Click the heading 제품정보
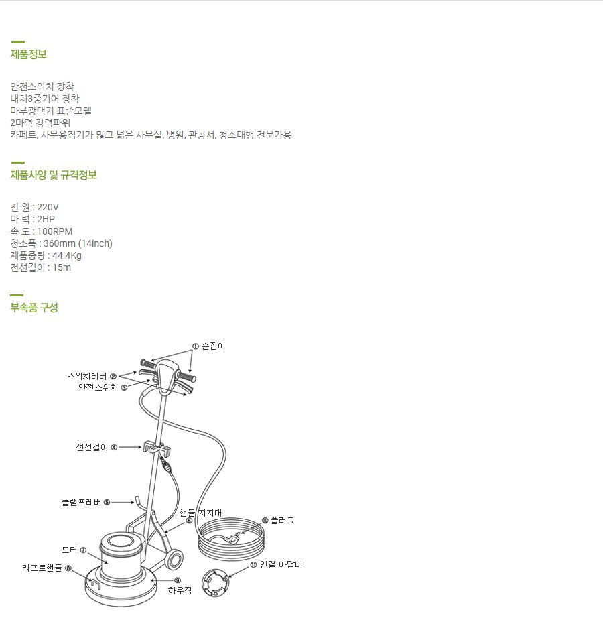coord(29,54)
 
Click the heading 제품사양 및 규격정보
coord(54,175)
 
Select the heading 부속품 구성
coord(34,308)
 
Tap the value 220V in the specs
coord(48,207)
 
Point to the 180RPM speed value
coord(54,231)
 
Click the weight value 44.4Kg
coord(67,255)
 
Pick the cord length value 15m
coord(62,267)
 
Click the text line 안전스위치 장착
coord(42,86)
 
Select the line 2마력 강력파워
coord(40,123)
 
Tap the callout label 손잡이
coord(213,346)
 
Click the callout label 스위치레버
coord(87,376)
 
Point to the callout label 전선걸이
coord(92,447)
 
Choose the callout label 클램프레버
coord(81,501)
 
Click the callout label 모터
coord(70,550)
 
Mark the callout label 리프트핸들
coord(42,568)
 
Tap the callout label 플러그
coord(282,520)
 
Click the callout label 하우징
coord(180,590)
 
